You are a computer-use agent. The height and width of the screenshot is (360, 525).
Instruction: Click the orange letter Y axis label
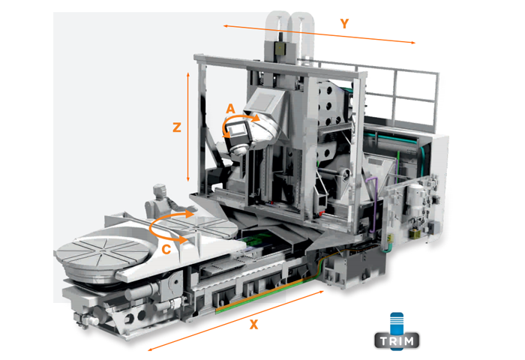344,24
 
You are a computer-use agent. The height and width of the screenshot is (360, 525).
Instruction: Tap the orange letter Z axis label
177,127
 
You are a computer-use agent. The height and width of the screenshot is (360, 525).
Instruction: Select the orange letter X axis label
254,324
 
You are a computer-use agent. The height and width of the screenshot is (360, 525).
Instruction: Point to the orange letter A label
231,109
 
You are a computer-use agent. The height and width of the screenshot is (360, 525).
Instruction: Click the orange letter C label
166,250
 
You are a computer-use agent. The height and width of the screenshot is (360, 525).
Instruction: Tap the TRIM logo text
397,341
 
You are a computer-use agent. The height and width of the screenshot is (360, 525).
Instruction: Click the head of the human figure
159,191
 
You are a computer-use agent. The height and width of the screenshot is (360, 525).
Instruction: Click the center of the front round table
103,250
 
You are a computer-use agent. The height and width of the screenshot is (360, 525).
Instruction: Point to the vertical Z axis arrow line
187,127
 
